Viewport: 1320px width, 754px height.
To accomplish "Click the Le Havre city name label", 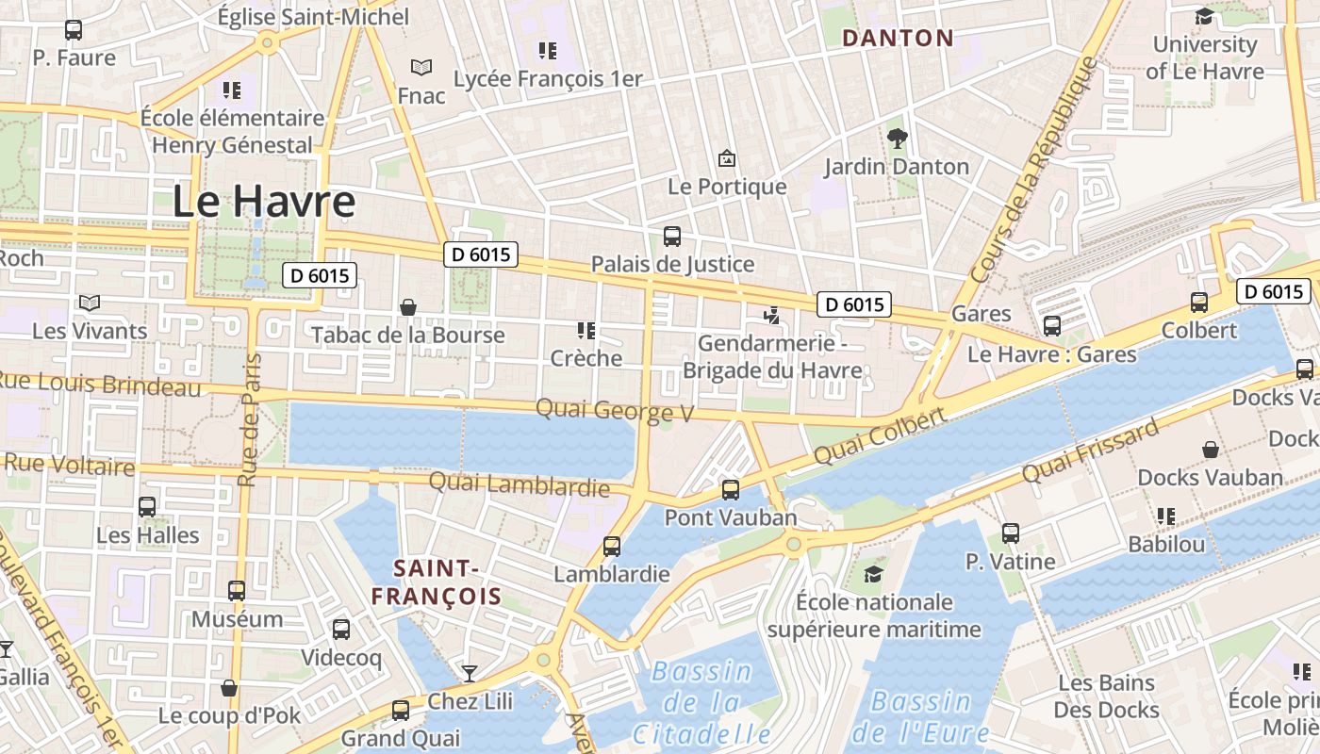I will click(x=264, y=202).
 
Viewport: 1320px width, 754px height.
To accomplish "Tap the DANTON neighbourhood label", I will click(x=898, y=39).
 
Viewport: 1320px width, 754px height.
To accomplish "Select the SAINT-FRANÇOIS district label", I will click(x=436, y=582).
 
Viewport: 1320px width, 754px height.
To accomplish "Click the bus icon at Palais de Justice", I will click(x=672, y=237).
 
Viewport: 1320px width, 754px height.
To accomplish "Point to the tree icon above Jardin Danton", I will click(x=897, y=139).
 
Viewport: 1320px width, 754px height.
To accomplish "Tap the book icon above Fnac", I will click(x=421, y=68).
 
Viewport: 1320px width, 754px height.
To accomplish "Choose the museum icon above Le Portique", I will click(x=726, y=158).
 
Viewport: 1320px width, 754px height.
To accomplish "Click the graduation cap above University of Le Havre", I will click(x=1204, y=17).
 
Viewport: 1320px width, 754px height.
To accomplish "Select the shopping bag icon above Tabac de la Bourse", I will click(x=408, y=307).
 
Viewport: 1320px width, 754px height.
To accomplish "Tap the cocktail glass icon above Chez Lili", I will click(x=469, y=673).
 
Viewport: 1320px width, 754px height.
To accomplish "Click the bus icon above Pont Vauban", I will click(x=731, y=489).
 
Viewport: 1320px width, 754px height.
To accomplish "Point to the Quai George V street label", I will click(x=615, y=411).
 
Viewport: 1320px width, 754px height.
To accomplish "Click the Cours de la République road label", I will click(x=1034, y=170).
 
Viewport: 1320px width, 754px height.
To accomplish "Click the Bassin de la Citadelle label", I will click(x=701, y=702).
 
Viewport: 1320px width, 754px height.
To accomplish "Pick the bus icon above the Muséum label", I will click(x=237, y=591).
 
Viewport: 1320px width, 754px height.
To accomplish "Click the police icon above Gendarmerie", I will click(x=772, y=315).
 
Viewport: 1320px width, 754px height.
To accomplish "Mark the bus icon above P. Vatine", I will click(x=1011, y=533).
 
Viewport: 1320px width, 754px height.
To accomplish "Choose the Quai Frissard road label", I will click(x=1090, y=452).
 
